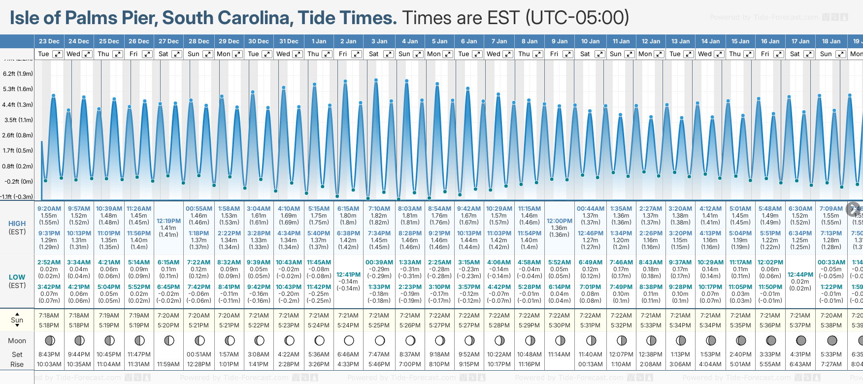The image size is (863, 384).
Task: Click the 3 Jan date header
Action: [379, 41]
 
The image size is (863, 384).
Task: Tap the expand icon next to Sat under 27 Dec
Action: [176, 54]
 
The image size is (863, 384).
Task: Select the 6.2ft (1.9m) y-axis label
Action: [18, 74]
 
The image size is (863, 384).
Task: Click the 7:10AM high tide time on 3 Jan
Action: [379, 209]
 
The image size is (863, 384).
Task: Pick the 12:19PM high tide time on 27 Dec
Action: [168, 221]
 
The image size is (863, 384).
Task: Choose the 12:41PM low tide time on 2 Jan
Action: [349, 275]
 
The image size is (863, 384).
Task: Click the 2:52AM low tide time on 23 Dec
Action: [49, 262]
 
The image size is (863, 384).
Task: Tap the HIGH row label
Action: [17, 224]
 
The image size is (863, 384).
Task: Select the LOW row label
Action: [17, 277]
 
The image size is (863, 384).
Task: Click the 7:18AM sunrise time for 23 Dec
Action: [49, 316]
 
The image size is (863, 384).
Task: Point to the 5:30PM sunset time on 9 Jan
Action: [560, 325]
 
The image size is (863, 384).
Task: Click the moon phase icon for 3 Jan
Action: [379, 340]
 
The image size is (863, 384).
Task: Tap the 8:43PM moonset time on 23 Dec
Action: [49, 354]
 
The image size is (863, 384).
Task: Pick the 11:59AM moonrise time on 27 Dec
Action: [168, 364]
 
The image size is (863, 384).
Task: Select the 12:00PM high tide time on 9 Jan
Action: [560, 221]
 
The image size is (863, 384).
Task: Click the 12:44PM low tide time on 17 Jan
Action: [800, 275]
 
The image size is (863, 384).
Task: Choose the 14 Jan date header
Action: [711, 41]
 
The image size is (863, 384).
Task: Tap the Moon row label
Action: [17, 341]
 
